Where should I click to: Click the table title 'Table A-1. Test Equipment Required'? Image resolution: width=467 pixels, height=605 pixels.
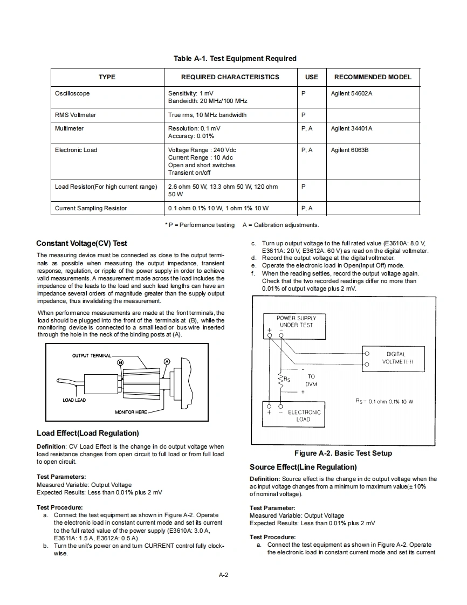click(x=235, y=58)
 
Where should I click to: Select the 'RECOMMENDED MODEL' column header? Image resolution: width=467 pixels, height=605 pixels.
click(x=373, y=77)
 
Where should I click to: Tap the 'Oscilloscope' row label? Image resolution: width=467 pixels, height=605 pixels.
click(x=72, y=93)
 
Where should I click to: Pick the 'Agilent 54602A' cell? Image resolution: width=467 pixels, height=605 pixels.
click(x=352, y=93)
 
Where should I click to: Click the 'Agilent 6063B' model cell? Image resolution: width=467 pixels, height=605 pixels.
click(x=349, y=150)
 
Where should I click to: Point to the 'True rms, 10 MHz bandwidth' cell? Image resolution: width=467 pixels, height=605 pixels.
click(x=207, y=115)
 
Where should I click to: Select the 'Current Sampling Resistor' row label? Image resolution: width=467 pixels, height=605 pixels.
click(x=91, y=208)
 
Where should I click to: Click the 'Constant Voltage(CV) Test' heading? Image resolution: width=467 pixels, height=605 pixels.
click(x=81, y=243)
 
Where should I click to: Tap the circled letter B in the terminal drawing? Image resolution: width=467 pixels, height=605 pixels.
click(x=120, y=362)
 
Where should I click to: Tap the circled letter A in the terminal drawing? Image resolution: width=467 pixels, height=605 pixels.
click(x=167, y=361)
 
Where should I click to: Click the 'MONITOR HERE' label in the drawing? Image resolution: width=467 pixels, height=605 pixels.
click(x=131, y=412)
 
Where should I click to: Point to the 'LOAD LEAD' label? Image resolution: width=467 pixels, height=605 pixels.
click(x=74, y=400)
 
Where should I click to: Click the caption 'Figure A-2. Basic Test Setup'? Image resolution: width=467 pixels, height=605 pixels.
click(x=343, y=453)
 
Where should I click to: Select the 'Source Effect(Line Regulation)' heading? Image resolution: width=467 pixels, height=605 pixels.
click(x=303, y=467)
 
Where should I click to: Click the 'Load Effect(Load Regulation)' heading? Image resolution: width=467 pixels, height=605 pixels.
click(x=87, y=433)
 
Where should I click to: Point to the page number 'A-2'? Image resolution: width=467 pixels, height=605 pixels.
click(x=223, y=575)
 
